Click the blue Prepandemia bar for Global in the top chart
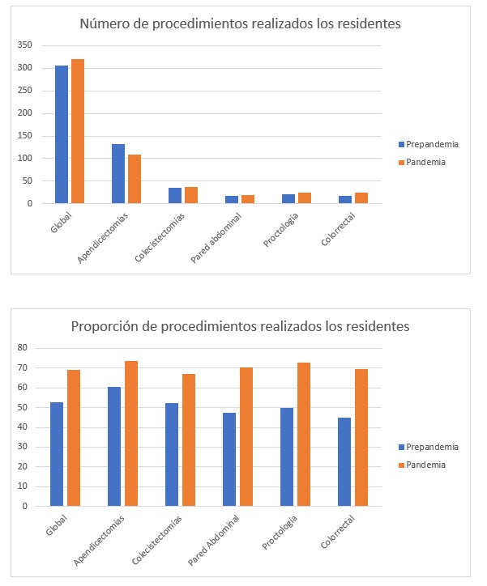[x=62, y=134]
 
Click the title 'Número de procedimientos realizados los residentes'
[x=241, y=23]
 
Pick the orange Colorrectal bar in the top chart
[x=361, y=198]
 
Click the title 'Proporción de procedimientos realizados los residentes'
[x=241, y=327]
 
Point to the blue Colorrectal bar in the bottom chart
[x=344, y=461]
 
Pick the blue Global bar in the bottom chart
[x=58, y=454]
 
